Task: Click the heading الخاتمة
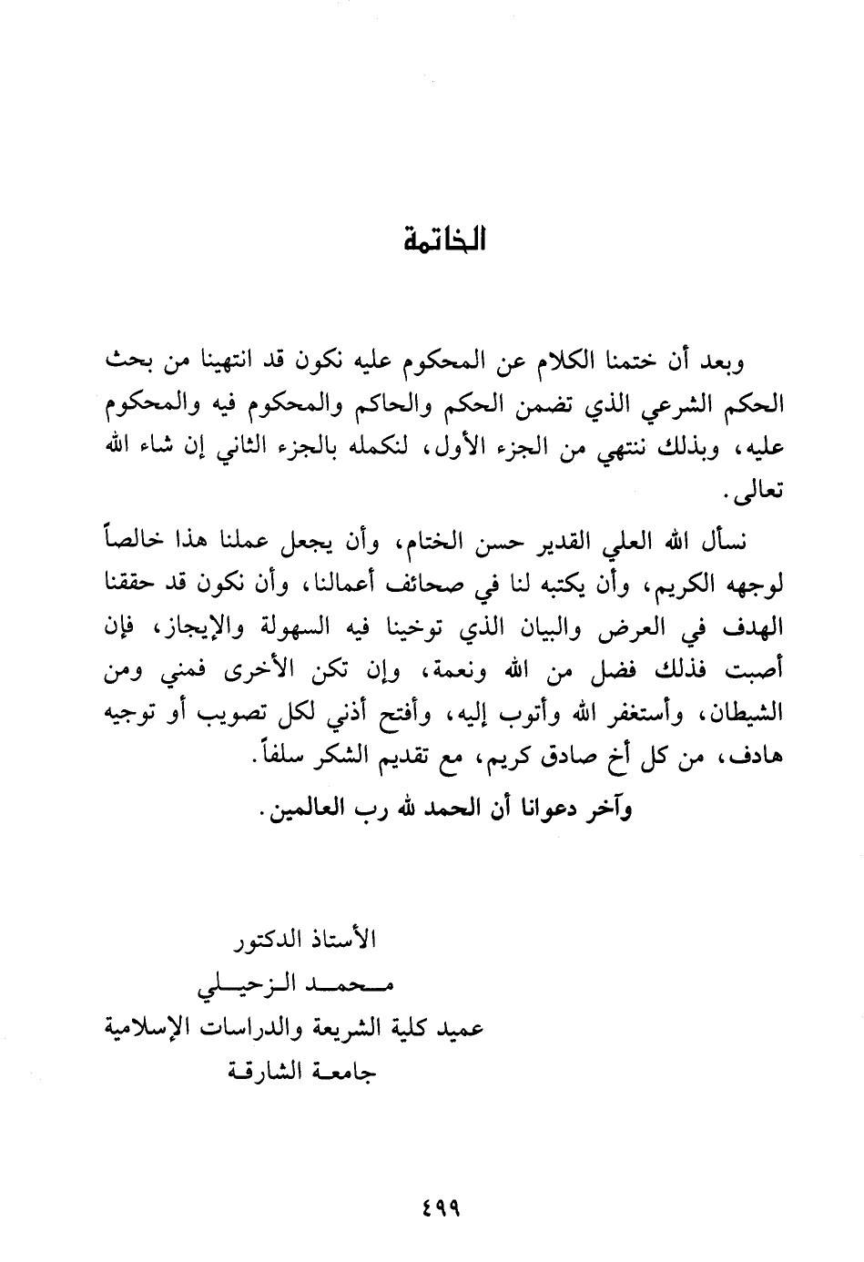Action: [x=445, y=242]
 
